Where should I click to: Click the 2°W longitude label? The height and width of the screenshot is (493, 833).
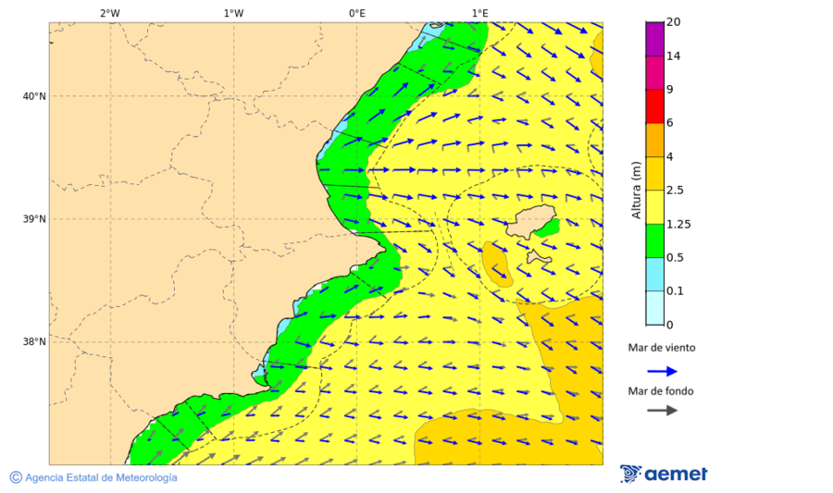click(x=110, y=13)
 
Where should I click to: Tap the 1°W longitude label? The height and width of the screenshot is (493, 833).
click(x=233, y=13)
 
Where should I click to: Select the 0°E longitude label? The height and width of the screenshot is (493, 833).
click(x=356, y=13)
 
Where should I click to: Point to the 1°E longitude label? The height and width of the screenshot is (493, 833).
click(x=479, y=13)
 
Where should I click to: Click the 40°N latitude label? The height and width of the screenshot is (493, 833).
click(x=34, y=96)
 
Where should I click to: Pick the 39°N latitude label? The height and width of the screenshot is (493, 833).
click(x=34, y=219)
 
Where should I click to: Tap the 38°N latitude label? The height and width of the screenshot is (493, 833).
click(x=34, y=342)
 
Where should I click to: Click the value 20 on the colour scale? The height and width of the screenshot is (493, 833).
click(x=674, y=22)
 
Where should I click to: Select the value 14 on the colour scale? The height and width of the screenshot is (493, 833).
click(x=674, y=56)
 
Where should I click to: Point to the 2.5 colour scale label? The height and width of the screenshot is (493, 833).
click(x=677, y=191)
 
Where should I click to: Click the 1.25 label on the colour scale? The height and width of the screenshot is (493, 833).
click(x=679, y=224)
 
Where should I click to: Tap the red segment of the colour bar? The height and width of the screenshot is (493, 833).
click(x=654, y=106)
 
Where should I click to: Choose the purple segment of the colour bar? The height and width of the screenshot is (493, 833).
click(x=654, y=39)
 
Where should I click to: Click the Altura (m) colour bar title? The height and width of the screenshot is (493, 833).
click(x=636, y=190)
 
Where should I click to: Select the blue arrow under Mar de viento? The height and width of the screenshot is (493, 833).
click(x=662, y=371)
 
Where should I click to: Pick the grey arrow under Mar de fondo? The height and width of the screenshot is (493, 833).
click(x=662, y=411)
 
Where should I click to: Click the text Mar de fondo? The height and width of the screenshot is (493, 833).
click(x=661, y=391)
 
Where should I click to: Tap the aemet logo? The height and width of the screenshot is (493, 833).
click(x=664, y=474)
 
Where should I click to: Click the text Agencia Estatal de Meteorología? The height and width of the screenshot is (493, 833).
click(x=100, y=477)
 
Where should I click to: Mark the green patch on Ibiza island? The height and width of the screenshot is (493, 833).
click(x=548, y=227)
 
